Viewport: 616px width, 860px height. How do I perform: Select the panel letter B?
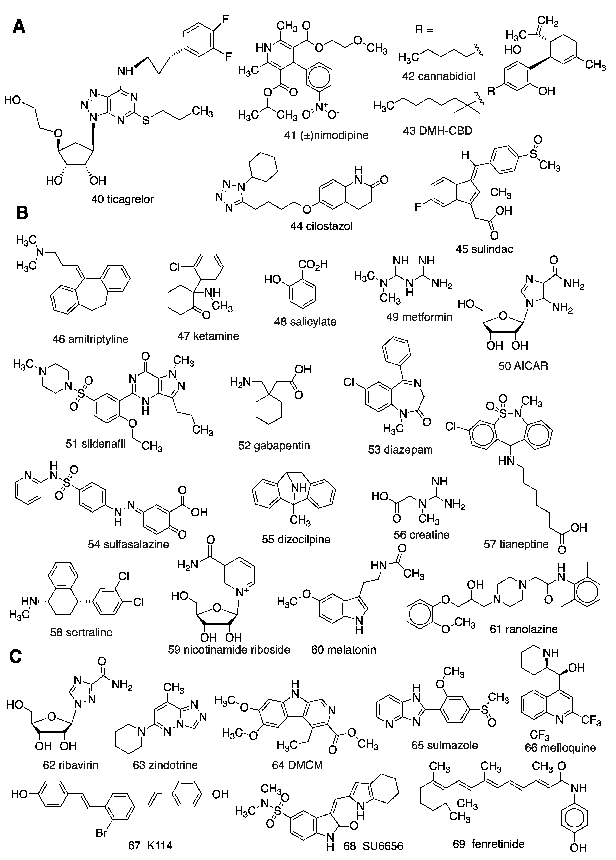tap(22, 213)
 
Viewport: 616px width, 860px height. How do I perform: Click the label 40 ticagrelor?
tap(123, 199)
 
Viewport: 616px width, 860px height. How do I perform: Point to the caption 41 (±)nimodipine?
tap(326, 135)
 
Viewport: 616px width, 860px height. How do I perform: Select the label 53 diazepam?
tap(400, 450)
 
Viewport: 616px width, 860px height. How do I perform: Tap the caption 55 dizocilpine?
tap(296, 539)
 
